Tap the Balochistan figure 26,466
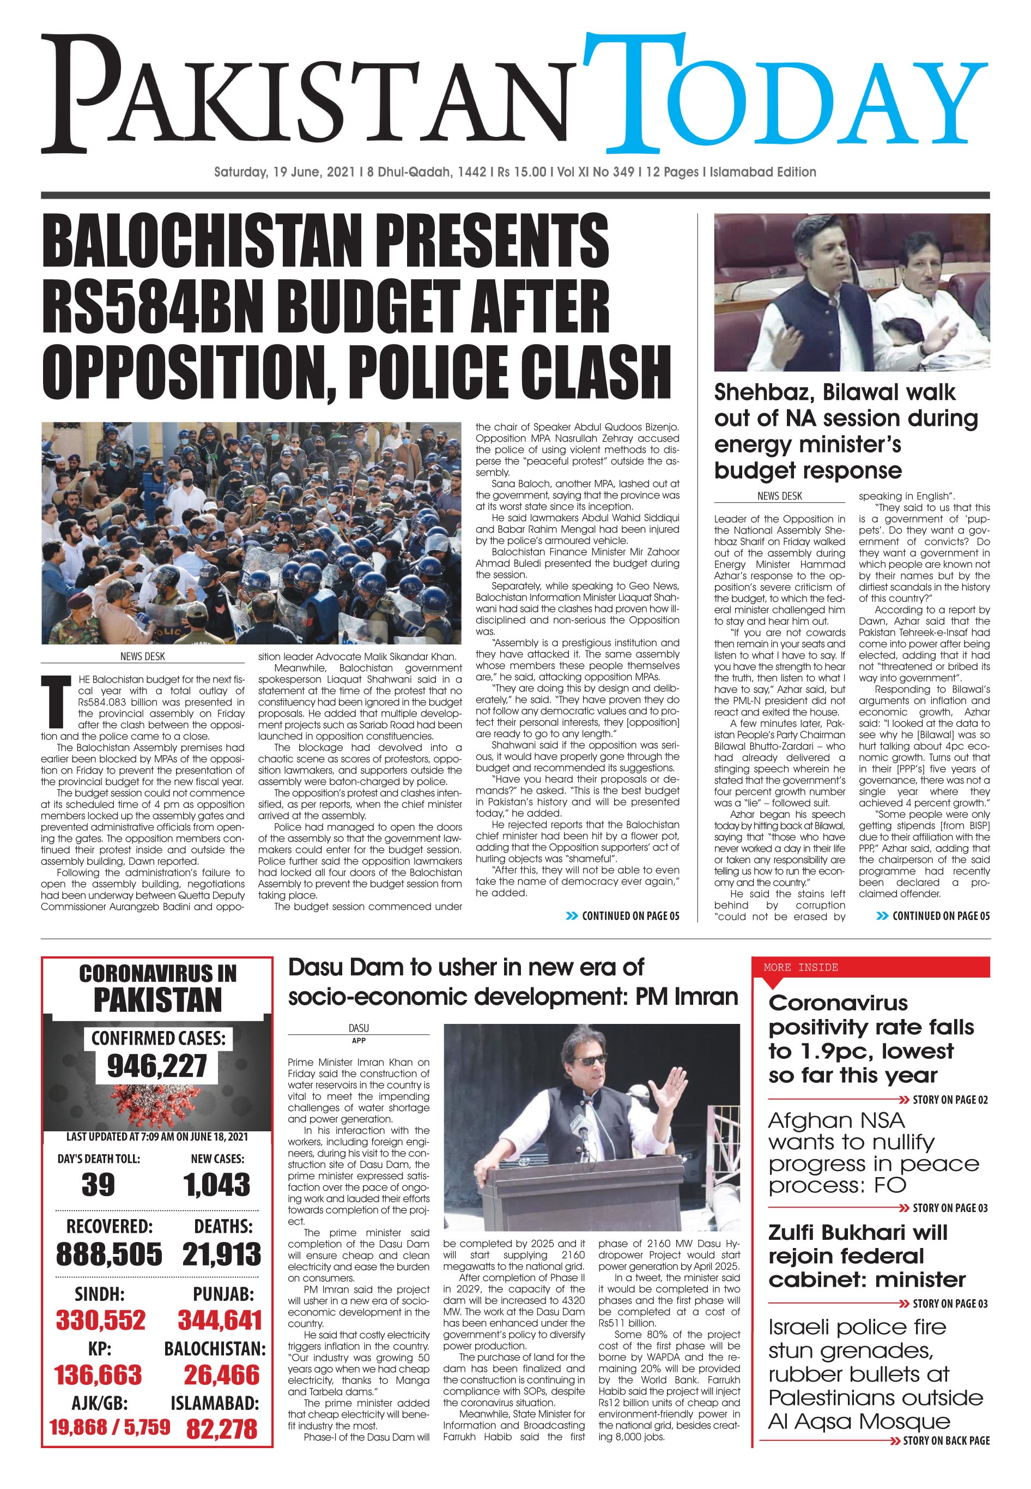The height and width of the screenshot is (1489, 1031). (222, 1375)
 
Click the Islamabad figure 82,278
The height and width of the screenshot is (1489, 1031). (222, 1429)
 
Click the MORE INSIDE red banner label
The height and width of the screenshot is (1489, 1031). (800, 967)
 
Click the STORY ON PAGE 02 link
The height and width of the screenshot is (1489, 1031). (950, 1100)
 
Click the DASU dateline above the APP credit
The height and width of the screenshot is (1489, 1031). (359, 1028)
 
